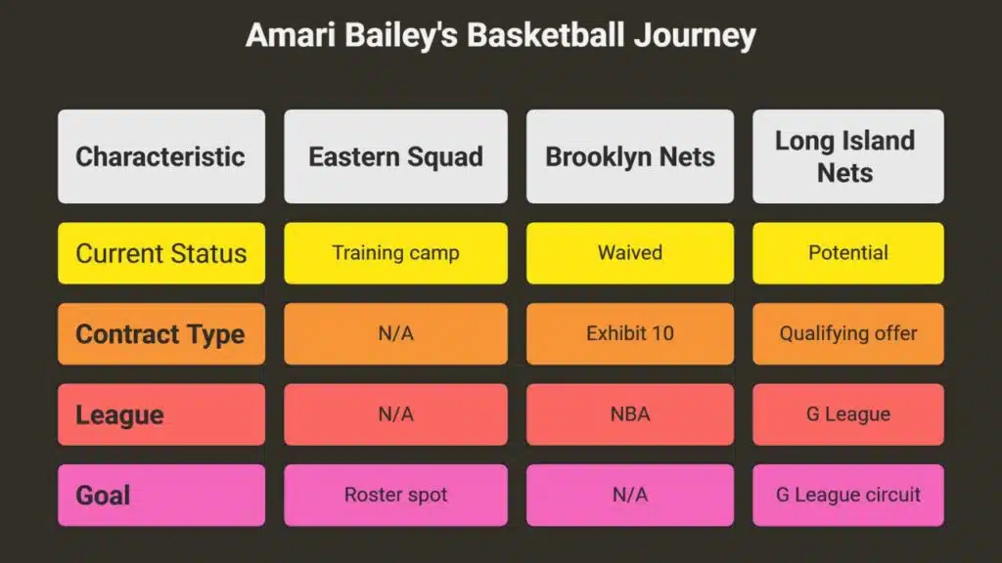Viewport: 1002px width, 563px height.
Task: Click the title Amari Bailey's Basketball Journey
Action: [500, 35]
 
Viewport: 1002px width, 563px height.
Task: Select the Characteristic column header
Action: [161, 156]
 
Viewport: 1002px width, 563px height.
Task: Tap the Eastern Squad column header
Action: [395, 156]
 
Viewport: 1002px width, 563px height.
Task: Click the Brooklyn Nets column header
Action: [630, 156]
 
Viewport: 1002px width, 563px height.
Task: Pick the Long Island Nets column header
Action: [848, 156]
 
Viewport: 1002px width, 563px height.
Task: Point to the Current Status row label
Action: [161, 253]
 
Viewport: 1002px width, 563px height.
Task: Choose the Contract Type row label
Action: [161, 334]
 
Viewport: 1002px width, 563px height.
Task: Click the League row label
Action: [161, 414]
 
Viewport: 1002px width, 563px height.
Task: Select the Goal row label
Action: [161, 496]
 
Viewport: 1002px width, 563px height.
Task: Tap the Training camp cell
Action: [395, 253]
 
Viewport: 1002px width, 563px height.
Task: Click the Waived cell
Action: [630, 253]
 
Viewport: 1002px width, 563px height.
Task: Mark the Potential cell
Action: [848, 253]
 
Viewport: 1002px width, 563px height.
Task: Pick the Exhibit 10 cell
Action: [630, 334]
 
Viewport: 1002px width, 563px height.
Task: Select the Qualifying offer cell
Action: [848, 334]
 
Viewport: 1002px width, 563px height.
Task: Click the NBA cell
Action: [630, 414]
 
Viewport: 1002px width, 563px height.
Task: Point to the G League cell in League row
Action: [848, 414]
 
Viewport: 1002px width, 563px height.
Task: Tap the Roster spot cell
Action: [395, 496]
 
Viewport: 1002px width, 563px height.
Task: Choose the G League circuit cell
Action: [848, 496]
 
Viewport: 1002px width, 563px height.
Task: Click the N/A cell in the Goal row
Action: [630, 496]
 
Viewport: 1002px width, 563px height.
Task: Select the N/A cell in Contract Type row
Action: [395, 334]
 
